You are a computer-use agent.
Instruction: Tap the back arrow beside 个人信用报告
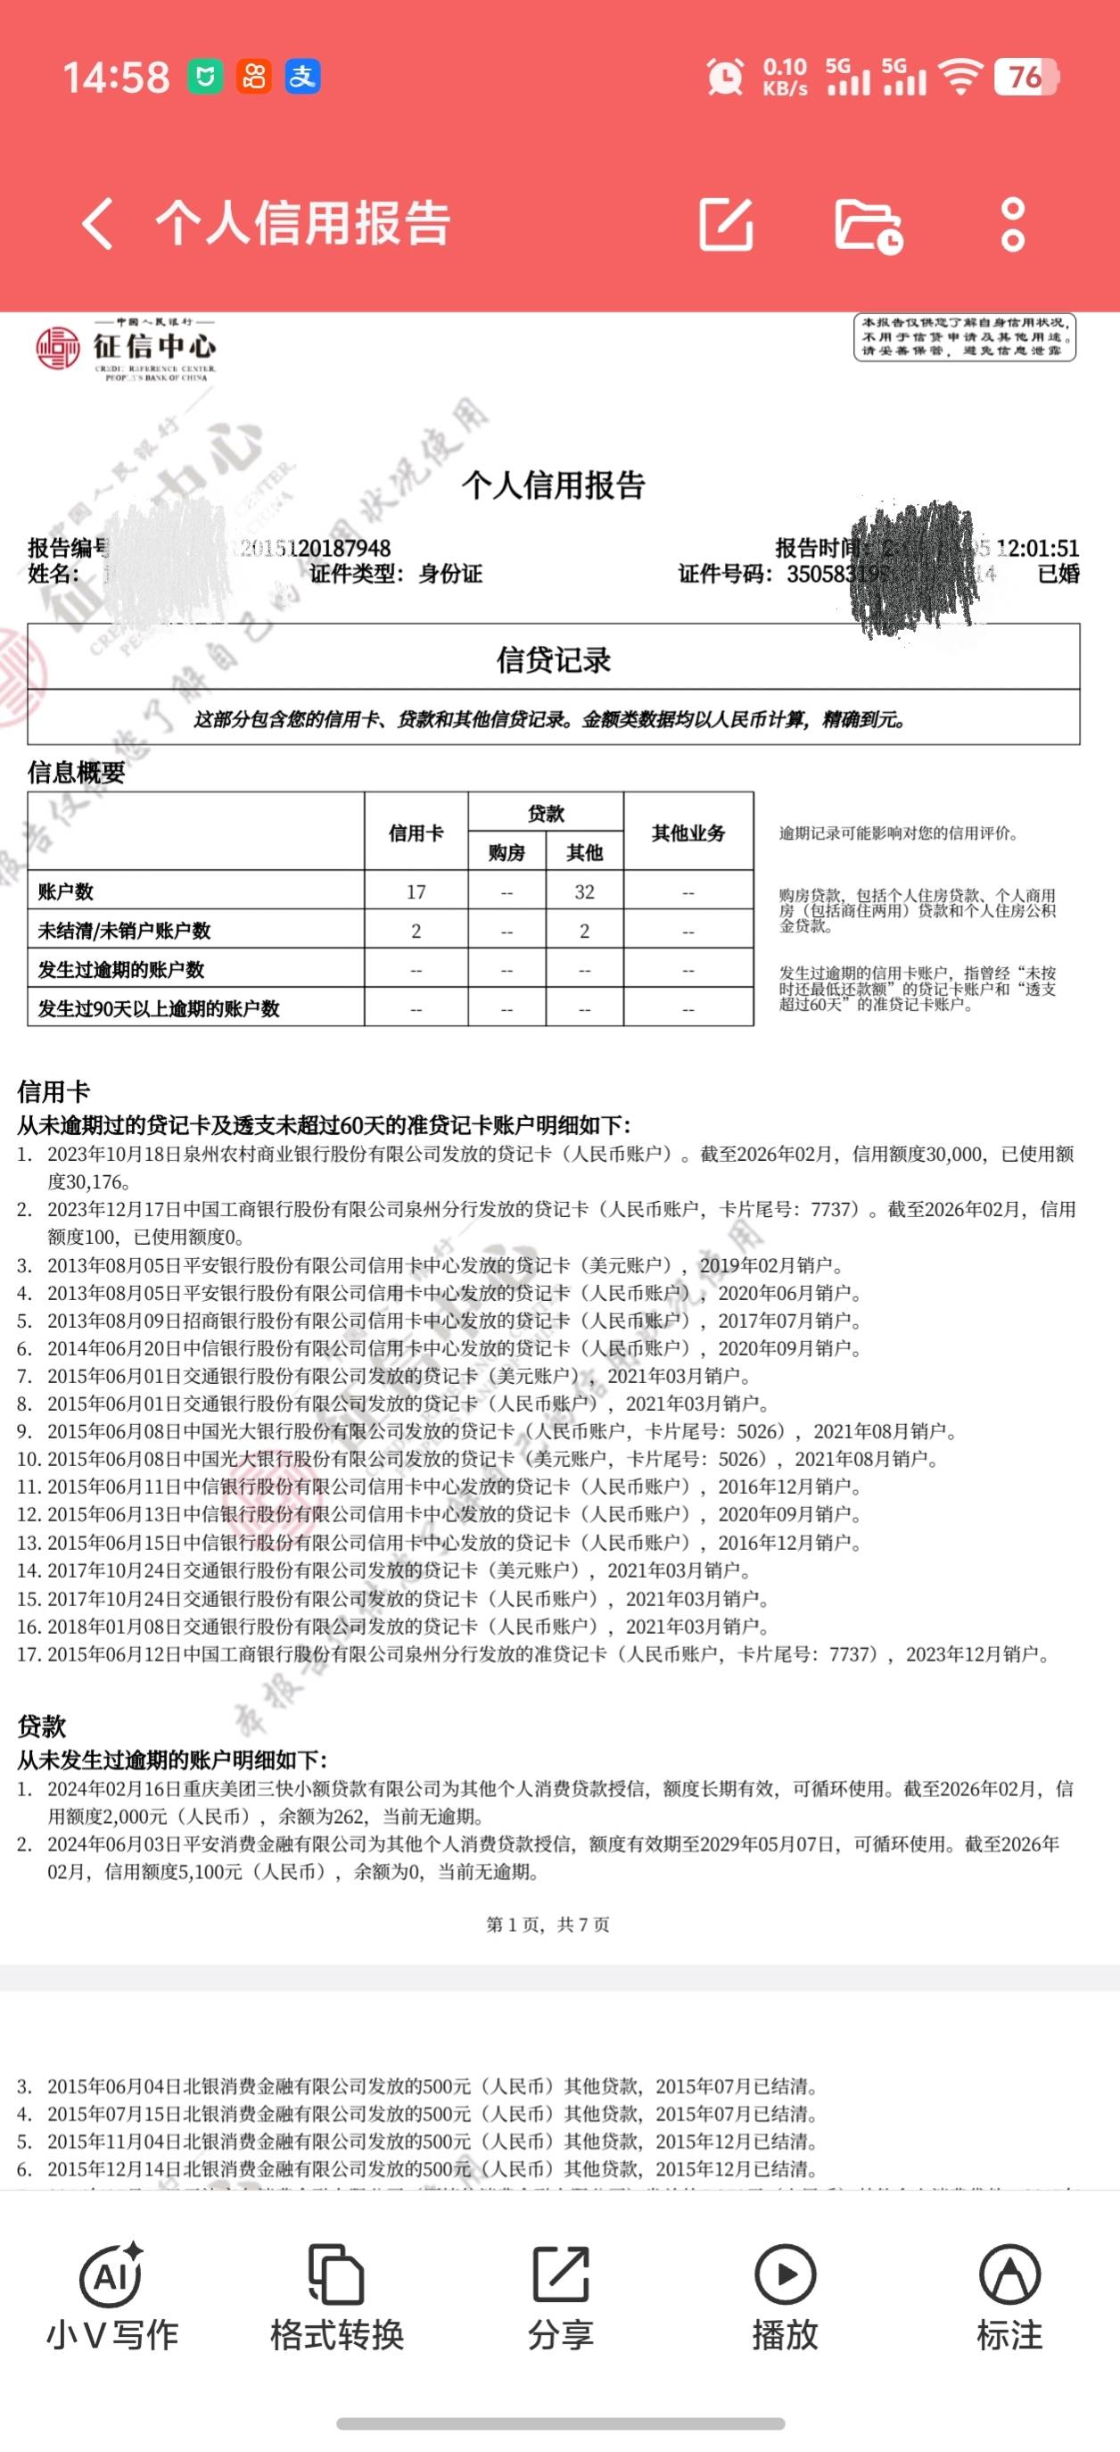(99, 224)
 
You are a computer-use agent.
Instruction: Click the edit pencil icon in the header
(726, 225)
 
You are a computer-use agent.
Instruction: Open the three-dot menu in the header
(1013, 225)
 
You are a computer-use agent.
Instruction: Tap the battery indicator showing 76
(1025, 77)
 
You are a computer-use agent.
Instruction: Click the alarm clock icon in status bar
(725, 77)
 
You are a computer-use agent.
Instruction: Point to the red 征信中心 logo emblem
(58, 348)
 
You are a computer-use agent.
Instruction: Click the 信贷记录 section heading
(553, 659)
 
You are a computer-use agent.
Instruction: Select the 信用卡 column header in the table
(416, 833)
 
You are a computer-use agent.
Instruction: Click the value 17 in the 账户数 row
(416, 892)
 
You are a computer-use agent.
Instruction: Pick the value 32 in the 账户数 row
(584, 892)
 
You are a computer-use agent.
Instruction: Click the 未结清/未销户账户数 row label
(124, 931)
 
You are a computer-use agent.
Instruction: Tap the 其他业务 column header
(688, 833)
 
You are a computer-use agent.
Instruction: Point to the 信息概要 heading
(76, 772)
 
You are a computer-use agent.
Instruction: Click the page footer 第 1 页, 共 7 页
(548, 1925)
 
